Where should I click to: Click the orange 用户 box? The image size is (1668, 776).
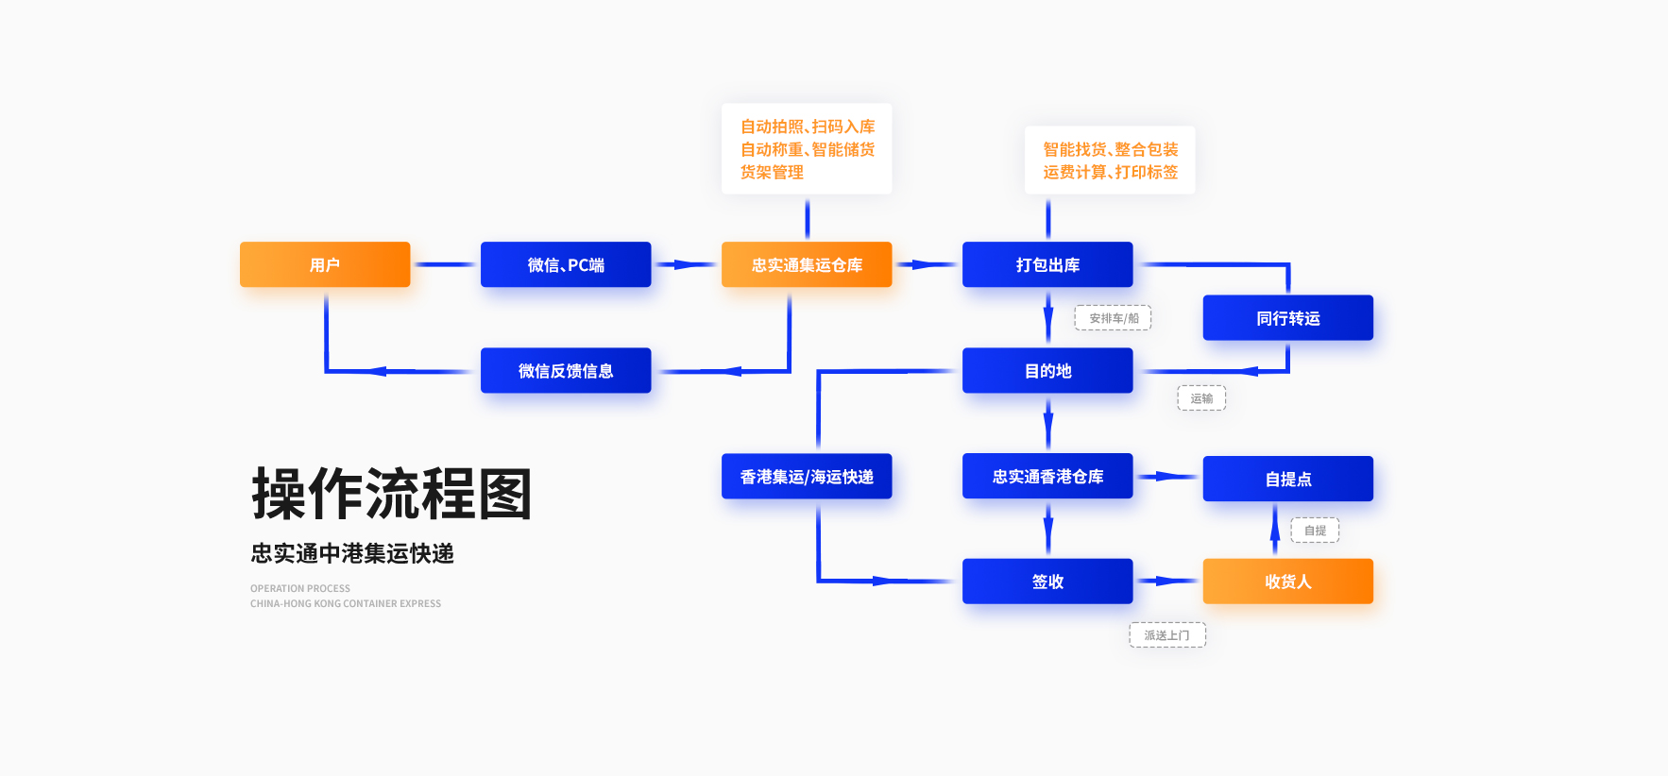325,264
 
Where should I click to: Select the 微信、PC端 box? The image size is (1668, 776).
566,264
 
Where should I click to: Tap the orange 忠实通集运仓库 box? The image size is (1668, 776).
807,264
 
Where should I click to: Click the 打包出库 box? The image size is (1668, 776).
1047,264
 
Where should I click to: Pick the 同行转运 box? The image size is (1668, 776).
1287,318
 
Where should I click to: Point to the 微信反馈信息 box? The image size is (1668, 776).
566,370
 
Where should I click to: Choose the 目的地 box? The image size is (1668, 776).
1047,370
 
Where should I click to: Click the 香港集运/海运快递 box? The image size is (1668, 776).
807,477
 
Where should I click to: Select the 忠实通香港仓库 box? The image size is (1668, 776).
1047,476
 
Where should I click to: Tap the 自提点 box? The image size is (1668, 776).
1287,479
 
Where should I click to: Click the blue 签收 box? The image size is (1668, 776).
1047,582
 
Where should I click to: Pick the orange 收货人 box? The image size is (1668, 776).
1287,582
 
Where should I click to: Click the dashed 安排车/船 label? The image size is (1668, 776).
1113,318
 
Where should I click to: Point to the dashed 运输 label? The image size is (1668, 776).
1201,398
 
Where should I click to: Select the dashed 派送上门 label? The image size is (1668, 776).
1167,635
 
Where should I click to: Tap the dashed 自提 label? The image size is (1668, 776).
1315,531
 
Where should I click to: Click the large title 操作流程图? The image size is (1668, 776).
392,494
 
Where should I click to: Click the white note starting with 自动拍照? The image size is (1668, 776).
807,149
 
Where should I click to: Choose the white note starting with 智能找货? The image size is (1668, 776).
1110,160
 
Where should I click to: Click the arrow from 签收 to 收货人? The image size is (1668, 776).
1167,582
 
